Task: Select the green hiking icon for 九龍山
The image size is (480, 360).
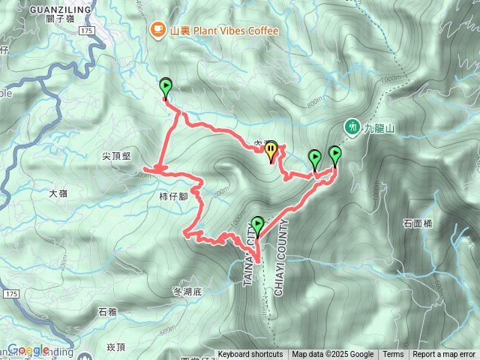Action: (x=351, y=127)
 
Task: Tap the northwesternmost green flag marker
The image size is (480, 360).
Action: (x=166, y=86)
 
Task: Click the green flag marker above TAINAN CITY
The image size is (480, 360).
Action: (x=258, y=224)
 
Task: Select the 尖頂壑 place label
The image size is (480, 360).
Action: (x=116, y=156)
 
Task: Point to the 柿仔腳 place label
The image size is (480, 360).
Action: (x=173, y=196)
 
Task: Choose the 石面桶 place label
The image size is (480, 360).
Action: (x=418, y=223)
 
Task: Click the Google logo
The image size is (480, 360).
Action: (x=28, y=349)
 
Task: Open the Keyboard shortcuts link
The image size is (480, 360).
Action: (x=250, y=355)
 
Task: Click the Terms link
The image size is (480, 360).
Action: (x=393, y=355)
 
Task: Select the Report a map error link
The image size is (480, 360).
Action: (x=443, y=355)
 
